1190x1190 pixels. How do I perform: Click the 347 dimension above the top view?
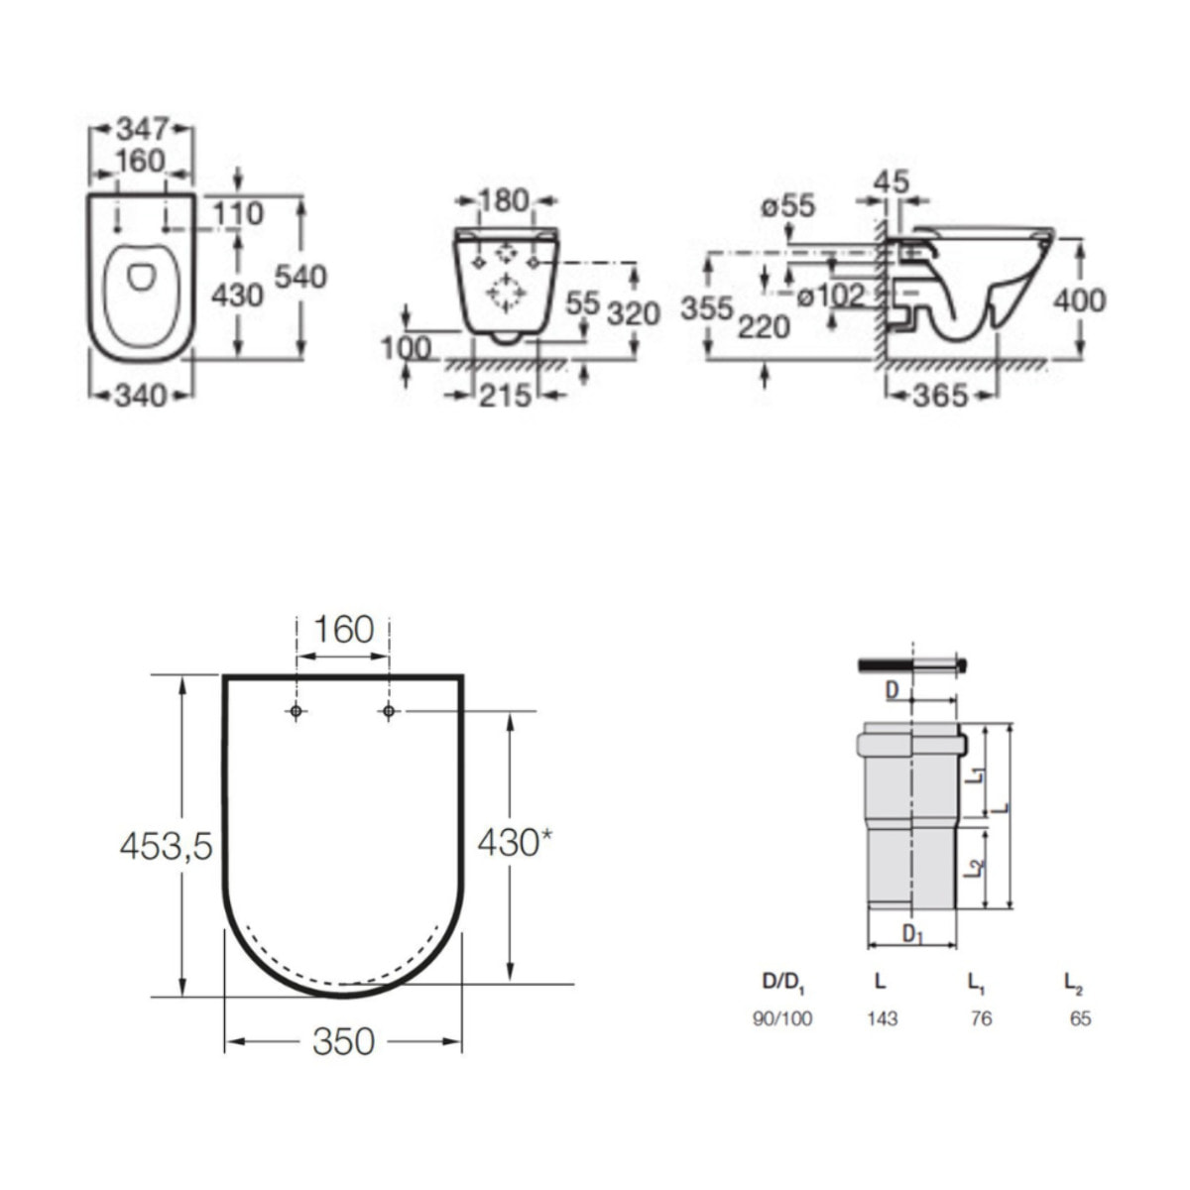(x=143, y=130)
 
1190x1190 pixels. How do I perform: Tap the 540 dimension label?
(x=300, y=277)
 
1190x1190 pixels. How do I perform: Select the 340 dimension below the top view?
(x=142, y=396)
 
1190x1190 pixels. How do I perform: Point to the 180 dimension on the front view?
(x=505, y=200)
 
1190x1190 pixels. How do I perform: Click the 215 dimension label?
(x=505, y=396)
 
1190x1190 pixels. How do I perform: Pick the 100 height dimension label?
(x=406, y=348)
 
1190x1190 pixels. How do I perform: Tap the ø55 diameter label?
(x=788, y=205)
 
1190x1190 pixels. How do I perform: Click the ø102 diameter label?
(x=830, y=297)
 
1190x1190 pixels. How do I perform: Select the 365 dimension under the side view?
(x=940, y=396)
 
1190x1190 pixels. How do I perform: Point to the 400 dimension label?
(x=1080, y=301)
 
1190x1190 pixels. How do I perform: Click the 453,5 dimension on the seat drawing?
(x=167, y=846)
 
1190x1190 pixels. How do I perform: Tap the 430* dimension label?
(x=516, y=842)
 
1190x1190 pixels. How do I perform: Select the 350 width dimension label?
(x=343, y=1041)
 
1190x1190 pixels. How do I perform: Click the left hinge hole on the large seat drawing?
(x=296, y=711)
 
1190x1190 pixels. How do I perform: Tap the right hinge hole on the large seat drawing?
(x=389, y=711)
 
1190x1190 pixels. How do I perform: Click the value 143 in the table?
(x=882, y=1018)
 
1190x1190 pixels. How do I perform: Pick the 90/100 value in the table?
(x=781, y=1018)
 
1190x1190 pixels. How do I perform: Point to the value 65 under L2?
(x=1080, y=1018)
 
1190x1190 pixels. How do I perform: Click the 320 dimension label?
(x=635, y=313)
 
